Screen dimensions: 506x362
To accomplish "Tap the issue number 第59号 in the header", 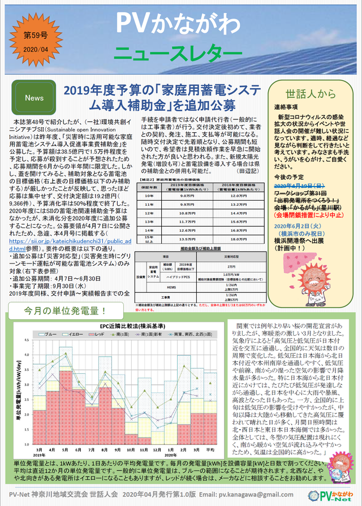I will [x=37, y=37].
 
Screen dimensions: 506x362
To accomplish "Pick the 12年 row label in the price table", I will [x=148, y=213].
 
